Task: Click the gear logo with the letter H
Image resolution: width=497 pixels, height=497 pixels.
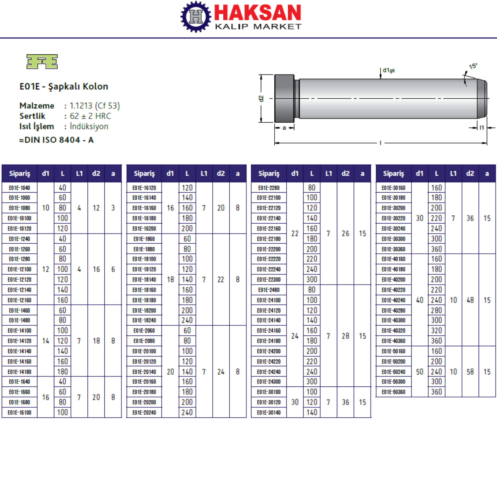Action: click(x=196, y=17)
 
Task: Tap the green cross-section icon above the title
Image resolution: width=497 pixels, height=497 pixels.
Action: click(x=42, y=62)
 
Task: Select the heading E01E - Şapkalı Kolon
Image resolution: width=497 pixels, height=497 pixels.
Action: click(x=64, y=86)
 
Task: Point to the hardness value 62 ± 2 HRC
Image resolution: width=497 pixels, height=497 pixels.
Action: click(x=91, y=116)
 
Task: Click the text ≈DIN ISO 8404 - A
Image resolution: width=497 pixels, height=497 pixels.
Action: click(x=57, y=140)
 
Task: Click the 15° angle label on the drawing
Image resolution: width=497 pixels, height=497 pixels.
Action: click(x=473, y=66)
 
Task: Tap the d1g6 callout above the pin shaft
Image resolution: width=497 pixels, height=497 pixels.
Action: click(x=389, y=70)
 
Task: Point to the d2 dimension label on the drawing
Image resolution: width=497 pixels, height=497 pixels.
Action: click(x=261, y=99)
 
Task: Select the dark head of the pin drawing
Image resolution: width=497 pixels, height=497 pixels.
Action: click(x=284, y=98)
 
